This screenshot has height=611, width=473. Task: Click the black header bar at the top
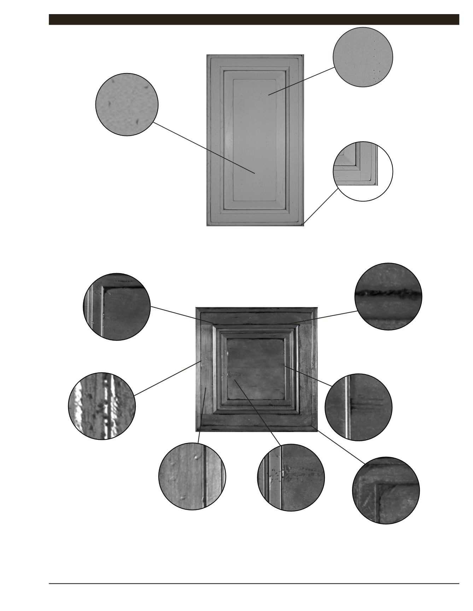coord(253,19)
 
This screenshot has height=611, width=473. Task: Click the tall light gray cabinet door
coord(255,140)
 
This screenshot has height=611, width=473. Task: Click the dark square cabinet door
coord(256,369)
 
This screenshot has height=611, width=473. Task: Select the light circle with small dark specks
coord(127,104)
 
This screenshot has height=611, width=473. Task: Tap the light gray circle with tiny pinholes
coord(363,57)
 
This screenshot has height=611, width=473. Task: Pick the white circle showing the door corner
coord(363,171)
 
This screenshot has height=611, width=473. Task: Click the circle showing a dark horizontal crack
coord(388,296)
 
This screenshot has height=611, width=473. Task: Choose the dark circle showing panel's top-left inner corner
coord(117,306)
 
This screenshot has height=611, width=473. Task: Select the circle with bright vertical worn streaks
coord(102,406)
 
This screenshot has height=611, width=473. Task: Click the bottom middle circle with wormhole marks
coord(291,477)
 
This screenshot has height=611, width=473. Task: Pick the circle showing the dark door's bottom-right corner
coord(386,491)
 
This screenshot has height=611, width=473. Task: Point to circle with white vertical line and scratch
coord(358,407)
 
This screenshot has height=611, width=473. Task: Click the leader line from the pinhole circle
coord(301,81)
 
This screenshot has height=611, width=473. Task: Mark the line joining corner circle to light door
coord(320,206)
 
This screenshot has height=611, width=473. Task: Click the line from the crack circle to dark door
coord(322,317)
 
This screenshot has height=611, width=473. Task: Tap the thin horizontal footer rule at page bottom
coord(253,583)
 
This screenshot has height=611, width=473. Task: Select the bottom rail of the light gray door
coord(255,218)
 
